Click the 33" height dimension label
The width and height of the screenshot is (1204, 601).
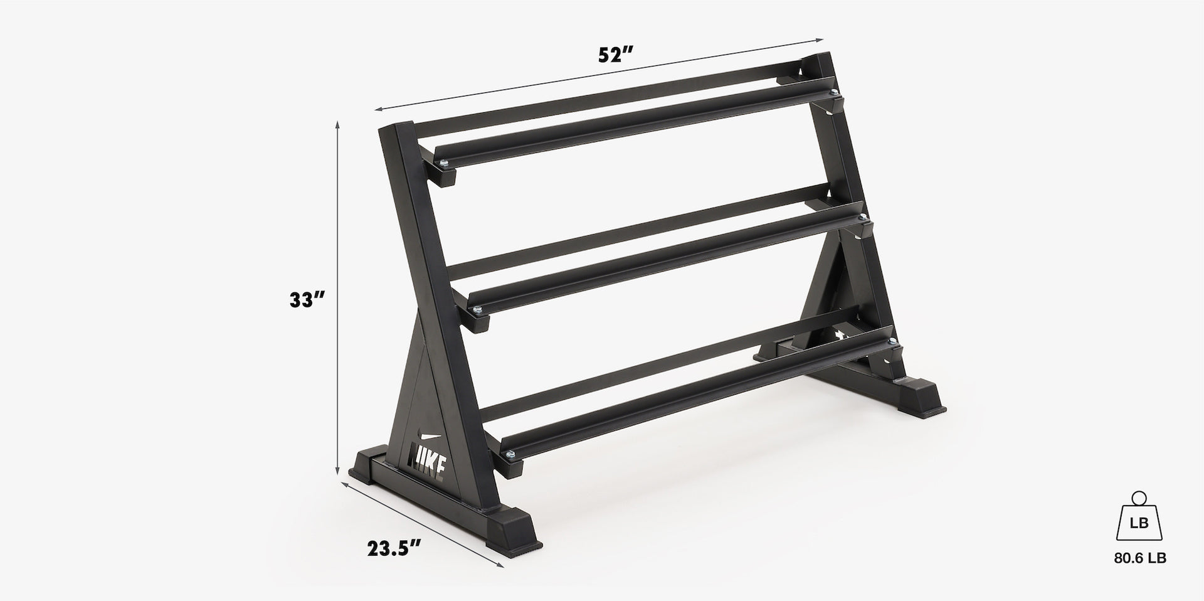(307, 300)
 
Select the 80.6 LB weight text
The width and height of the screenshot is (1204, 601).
(1140, 558)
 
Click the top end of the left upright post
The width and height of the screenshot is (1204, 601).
(395, 127)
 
